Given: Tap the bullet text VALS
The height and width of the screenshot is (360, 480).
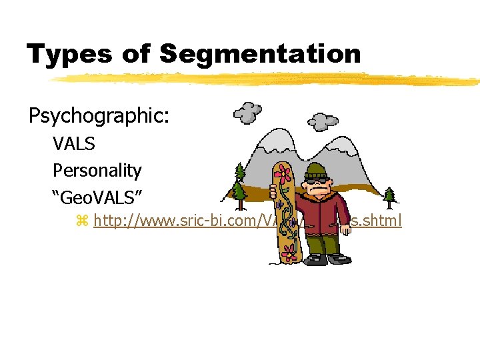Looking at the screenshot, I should [73, 143].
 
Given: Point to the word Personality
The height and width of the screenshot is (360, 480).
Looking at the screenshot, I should [97, 171].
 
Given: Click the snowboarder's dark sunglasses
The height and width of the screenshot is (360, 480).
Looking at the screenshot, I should [315, 179].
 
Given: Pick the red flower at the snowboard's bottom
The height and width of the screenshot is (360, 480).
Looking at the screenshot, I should [289, 251].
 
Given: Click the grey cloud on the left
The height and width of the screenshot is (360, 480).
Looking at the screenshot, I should [247, 113].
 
